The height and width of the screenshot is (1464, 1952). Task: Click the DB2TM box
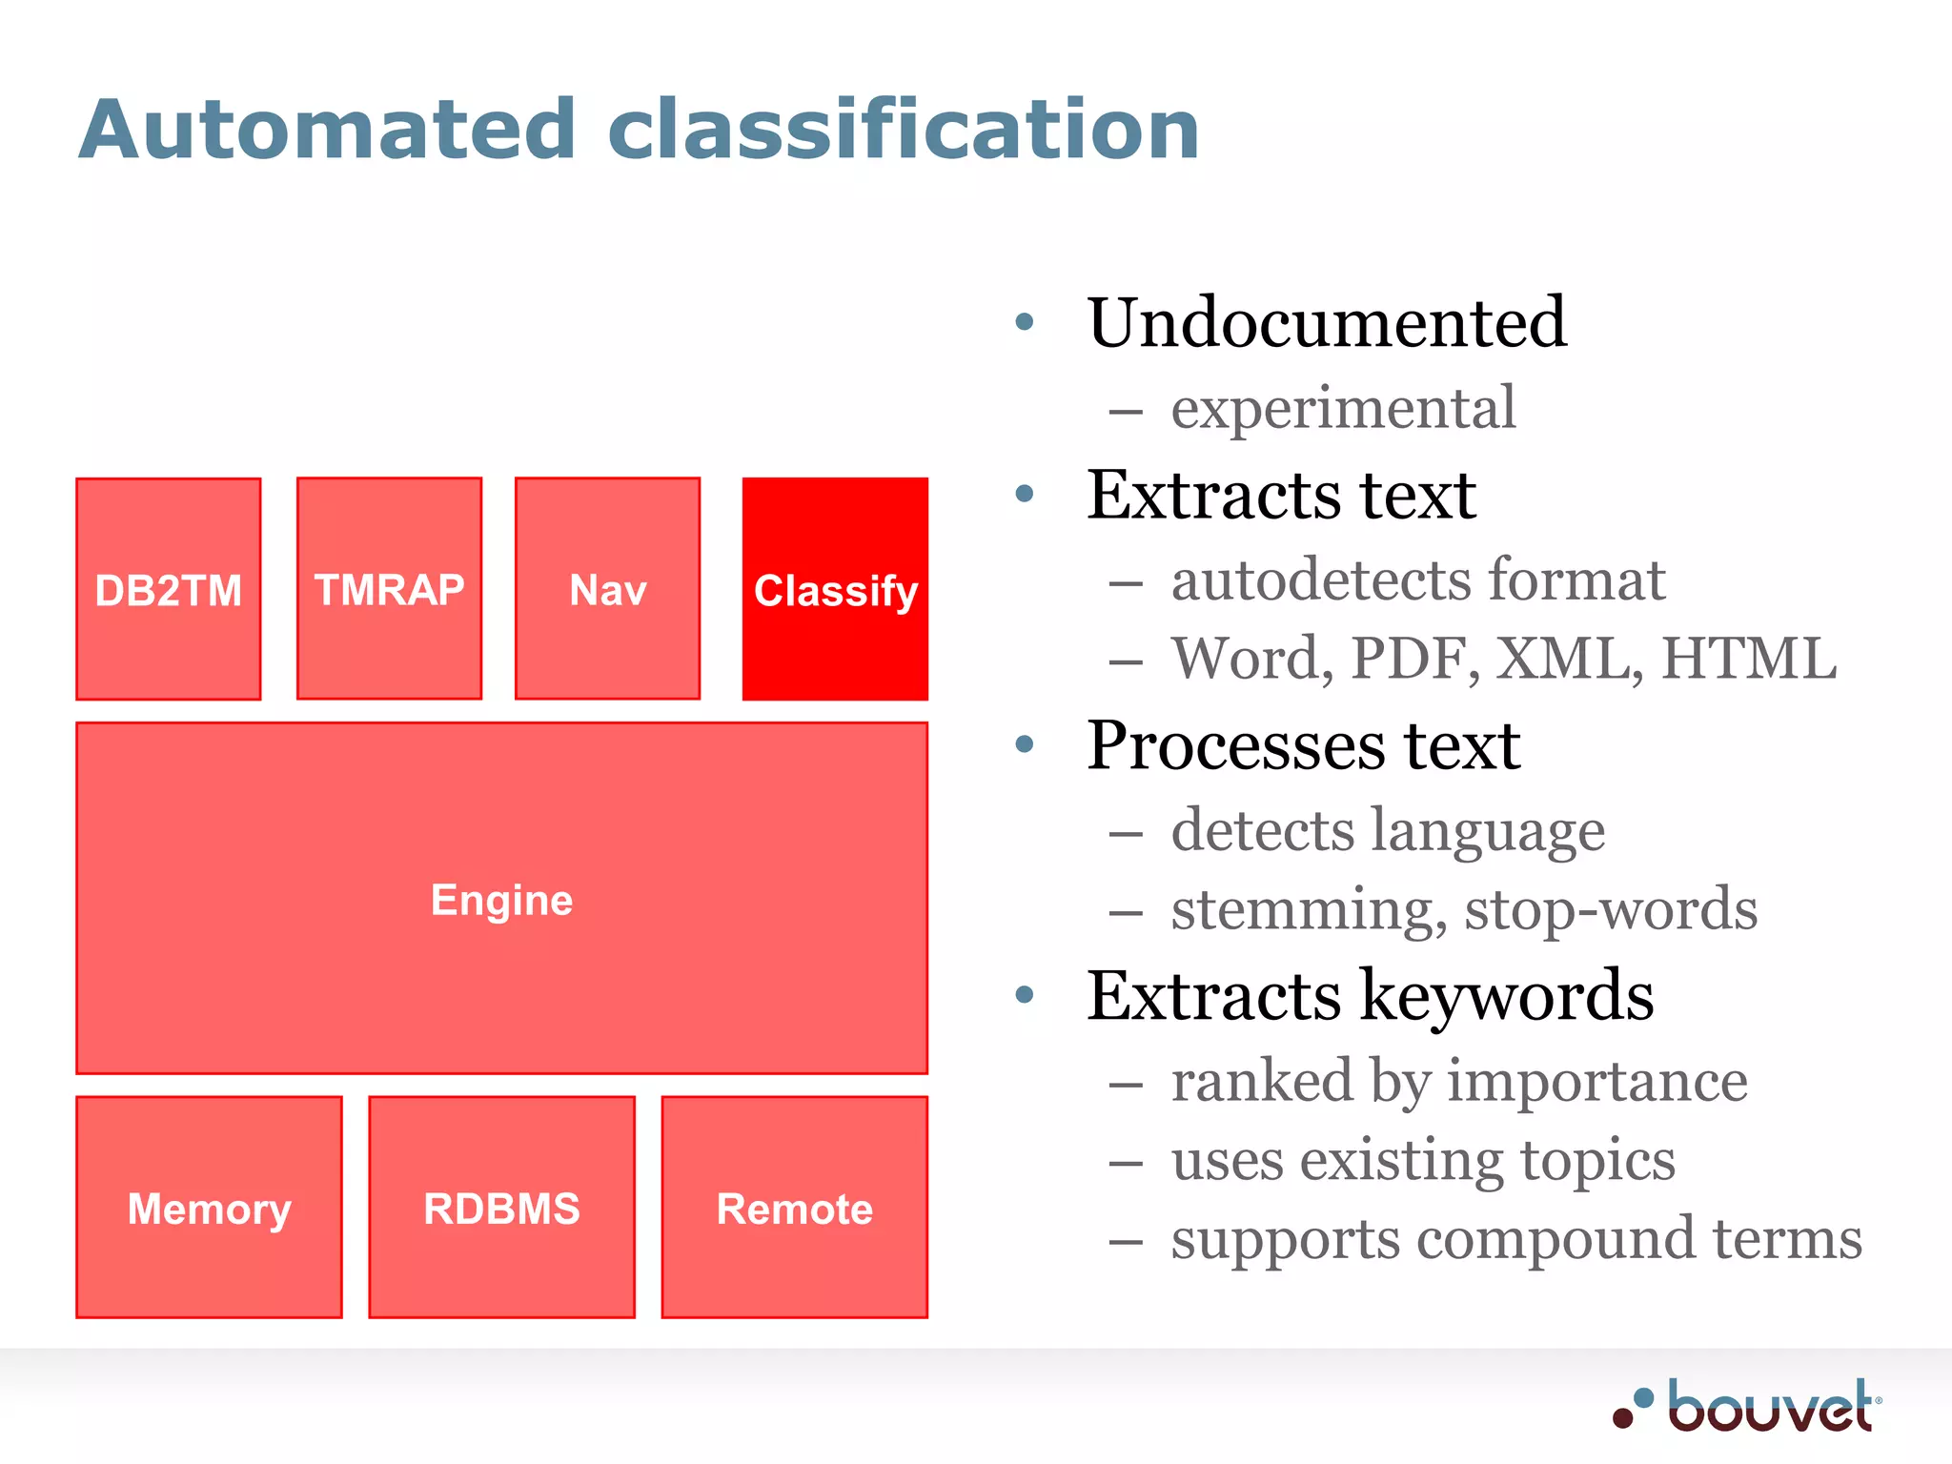(169, 589)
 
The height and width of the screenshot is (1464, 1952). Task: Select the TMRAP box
(389, 589)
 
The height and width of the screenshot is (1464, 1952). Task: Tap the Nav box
(607, 589)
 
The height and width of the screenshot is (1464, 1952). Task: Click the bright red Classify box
(835, 589)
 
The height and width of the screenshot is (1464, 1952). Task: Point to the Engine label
(501, 900)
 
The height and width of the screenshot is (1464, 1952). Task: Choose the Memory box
(209, 1208)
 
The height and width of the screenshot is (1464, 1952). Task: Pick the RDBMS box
(501, 1208)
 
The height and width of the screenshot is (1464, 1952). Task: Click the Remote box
(794, 1208)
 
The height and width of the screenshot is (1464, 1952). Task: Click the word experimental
(1343, 408)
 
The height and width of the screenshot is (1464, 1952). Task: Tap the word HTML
(1748, 658)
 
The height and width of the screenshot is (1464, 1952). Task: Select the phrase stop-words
(1611, 908)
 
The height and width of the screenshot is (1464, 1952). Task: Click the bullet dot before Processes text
(1025, 743)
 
